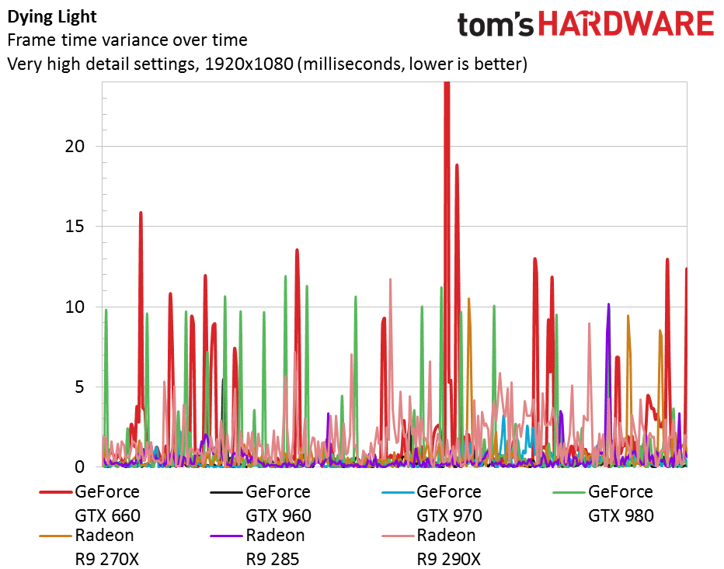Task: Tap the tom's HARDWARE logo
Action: click(x=585, y=25)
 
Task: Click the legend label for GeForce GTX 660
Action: click(x=107, y=503)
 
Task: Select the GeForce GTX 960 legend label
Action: click(x=278, y=503)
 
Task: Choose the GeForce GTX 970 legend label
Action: click(x=449, y=503)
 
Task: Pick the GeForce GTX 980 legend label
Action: click(x=621, y=503)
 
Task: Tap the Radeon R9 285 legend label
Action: click(x=275, y=546)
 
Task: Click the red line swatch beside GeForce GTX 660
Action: click(x=55, y=492)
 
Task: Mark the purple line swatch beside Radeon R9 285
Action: click(x=226, y=536)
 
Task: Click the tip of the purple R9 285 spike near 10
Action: click(x=608, y=304)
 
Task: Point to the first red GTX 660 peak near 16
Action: click(x=141, y=212)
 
